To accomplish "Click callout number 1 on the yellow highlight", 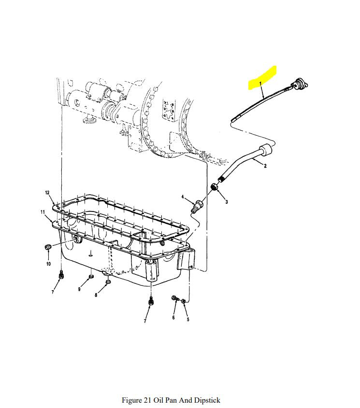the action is tap(260, 83).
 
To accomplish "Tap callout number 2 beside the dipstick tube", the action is tap(265, 166).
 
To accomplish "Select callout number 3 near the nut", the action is tap(226, 202).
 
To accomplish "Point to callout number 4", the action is tap(183, 197).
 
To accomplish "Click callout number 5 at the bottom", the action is tap(188, 319).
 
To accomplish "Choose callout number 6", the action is tap(173, 317).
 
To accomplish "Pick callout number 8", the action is tap(96, 295).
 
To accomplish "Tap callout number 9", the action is tap(79, 289).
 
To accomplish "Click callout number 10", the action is tap(48, 264).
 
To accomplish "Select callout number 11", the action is tap(43, 212).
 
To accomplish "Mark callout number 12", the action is tap(47, 193).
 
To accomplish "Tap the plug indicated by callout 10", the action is tap(47, 246).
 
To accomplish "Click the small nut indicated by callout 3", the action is tap(215, 186).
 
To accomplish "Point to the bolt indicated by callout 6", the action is tap(175, 298).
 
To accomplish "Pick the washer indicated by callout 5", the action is tap(183, 301).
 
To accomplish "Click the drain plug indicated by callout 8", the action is tap(108, 282).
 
